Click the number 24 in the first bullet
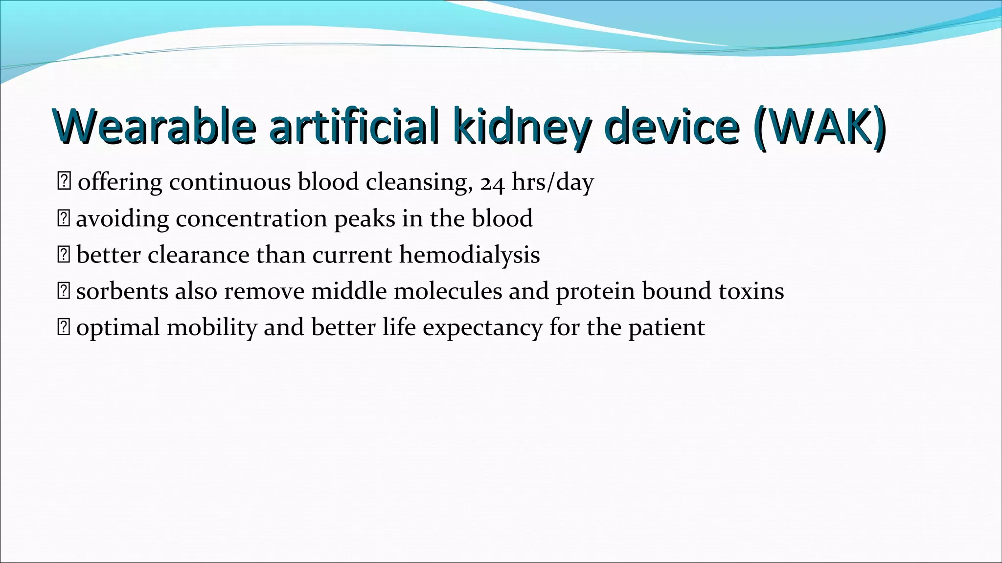[x=492, y=183]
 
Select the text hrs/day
[x=553, y=182]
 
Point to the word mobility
[x=211, y=328]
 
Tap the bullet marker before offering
[x=64, y=182]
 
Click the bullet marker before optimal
[x=64, y=327]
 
